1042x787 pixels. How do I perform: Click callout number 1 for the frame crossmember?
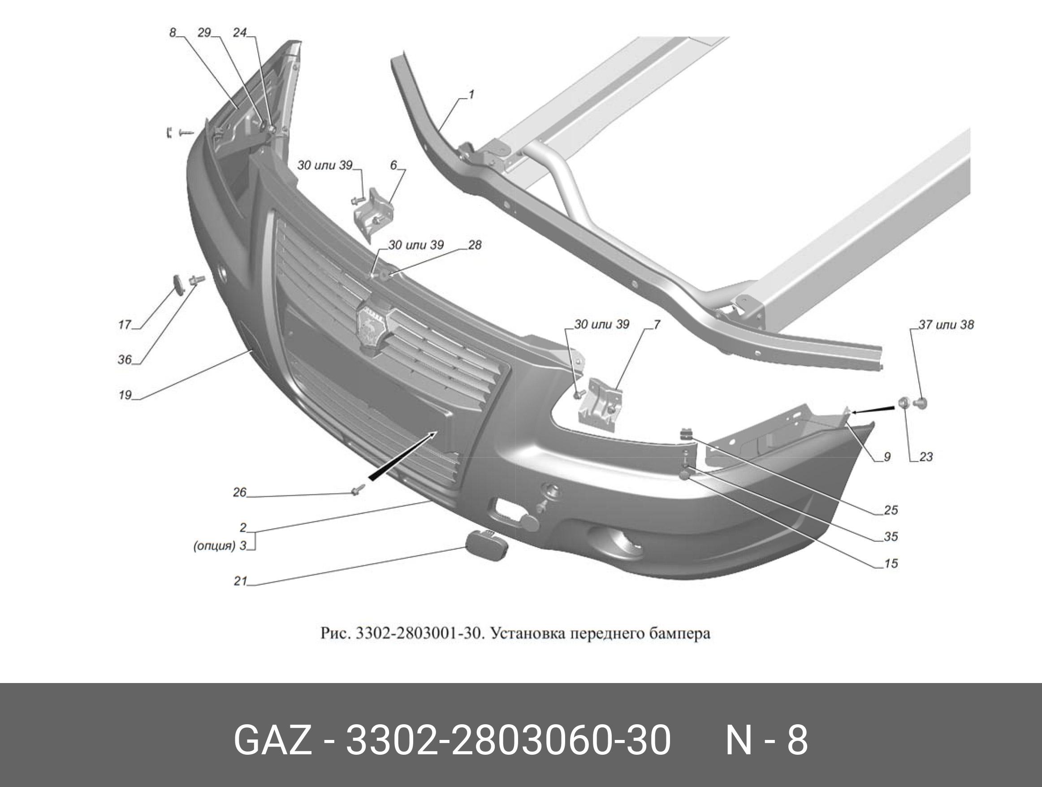point(471,94)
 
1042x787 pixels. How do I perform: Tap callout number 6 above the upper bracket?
point(394,165)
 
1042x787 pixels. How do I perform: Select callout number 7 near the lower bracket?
point(657,324)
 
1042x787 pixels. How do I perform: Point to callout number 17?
point(124,324)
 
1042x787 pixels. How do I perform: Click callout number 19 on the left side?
point(125,395)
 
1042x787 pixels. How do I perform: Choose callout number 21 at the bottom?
point(240,582)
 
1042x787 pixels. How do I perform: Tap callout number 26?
point(240,492)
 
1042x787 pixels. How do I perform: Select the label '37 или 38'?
point(946,324)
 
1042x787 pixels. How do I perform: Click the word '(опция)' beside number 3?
point(214,546)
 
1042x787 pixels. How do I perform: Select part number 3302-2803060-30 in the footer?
point(508,740)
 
